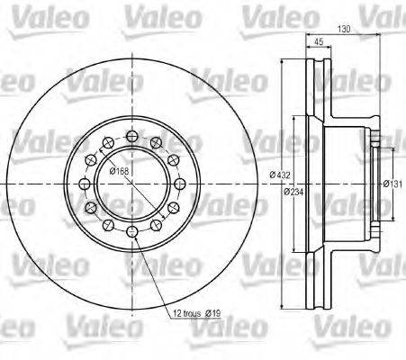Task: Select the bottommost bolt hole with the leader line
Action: pos(132,234)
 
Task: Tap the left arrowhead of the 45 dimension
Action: pos(307,51)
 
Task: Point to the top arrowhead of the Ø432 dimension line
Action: pos(282,59)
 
